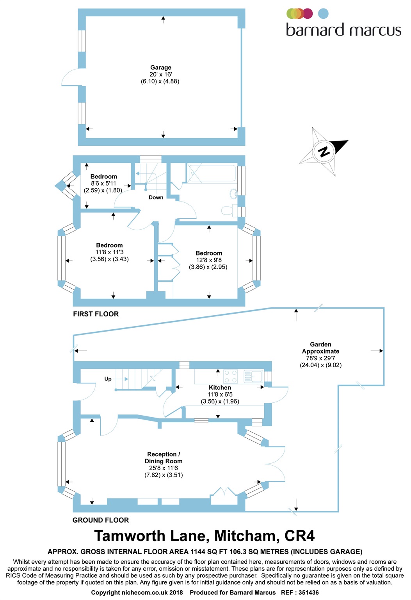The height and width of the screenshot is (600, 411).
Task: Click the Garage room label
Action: click(x=160, y=68)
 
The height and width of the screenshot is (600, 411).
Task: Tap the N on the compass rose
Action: click(x=324, y=152)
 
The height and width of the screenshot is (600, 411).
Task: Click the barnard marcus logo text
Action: click(x=343, y=30)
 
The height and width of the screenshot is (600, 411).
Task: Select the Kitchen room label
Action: click(x=220, y=387)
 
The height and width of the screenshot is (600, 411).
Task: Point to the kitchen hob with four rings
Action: click(x=230, y=376)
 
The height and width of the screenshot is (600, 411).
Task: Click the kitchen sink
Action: click(x=253, y=377)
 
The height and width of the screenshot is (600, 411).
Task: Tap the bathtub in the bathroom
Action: click(x=212, y=173)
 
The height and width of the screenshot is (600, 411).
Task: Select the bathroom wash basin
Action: click(x=233, y=194)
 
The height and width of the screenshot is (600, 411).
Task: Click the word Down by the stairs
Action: click(x=156, y=197)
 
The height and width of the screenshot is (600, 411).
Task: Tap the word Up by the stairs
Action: click(x=108, y=379)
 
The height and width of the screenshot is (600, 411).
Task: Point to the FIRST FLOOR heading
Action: click(x=96, y=314)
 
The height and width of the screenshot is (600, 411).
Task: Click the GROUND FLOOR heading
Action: click(x=101, y=520)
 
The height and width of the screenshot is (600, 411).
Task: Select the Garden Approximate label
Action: click(x=320, y=348)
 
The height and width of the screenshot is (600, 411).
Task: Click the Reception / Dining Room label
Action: click(x=164, y=457)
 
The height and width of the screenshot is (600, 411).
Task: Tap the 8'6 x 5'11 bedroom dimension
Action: click(x=103, y=184)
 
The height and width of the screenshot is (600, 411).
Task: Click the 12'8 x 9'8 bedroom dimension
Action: click(x=209, y=260)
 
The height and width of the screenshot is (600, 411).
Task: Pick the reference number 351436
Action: click(x=308, y=592)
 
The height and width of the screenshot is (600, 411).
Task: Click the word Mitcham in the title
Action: click(x=245, y=536)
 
